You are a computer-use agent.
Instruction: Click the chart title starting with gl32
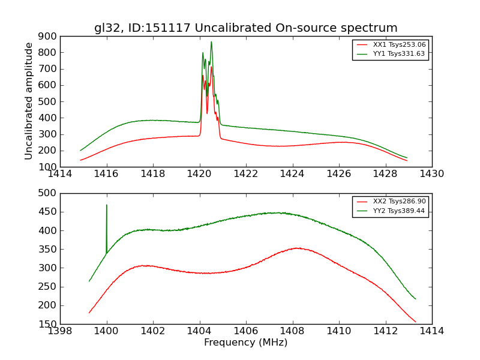pos(245,28)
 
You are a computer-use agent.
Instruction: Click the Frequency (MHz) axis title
pos(245,343)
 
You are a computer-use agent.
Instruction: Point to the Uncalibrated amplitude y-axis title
pos(29,101)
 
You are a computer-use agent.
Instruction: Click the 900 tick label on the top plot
pos(47,37)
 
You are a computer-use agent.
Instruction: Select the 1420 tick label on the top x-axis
pos(199,174)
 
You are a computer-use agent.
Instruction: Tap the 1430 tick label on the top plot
pos(431,174)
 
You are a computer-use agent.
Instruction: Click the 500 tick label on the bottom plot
pos(47,193)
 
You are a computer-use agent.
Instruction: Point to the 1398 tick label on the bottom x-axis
pos(60,331)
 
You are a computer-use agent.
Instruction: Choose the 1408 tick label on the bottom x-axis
pos(292,331)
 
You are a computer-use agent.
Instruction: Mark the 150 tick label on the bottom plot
pos(47,325)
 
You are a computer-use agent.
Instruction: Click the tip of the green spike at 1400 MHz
pos(107,205)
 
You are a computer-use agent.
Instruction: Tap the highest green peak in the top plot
pos(211,42)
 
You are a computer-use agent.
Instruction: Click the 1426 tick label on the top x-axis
pos(338,174)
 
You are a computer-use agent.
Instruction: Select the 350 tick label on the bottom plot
pos(47,250)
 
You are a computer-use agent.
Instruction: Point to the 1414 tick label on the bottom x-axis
pos(431,331)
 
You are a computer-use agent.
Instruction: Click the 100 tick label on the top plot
pos(47,167)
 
